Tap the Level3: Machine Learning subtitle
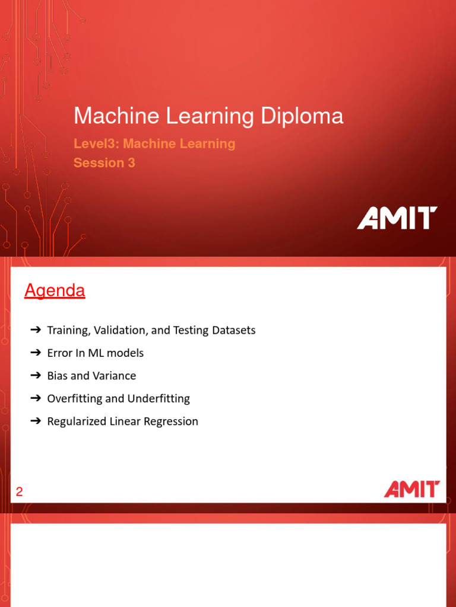click(x=154, y=143)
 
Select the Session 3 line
click(x=104, y=162)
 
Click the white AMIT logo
click(x=397, y=218)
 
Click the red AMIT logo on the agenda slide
click(x=411, y=489)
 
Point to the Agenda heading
click(x=55, y=291)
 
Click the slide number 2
click(x=19, y=491)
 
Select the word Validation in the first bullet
click(x=119, y=330)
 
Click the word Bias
click(x=57, y=376)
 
